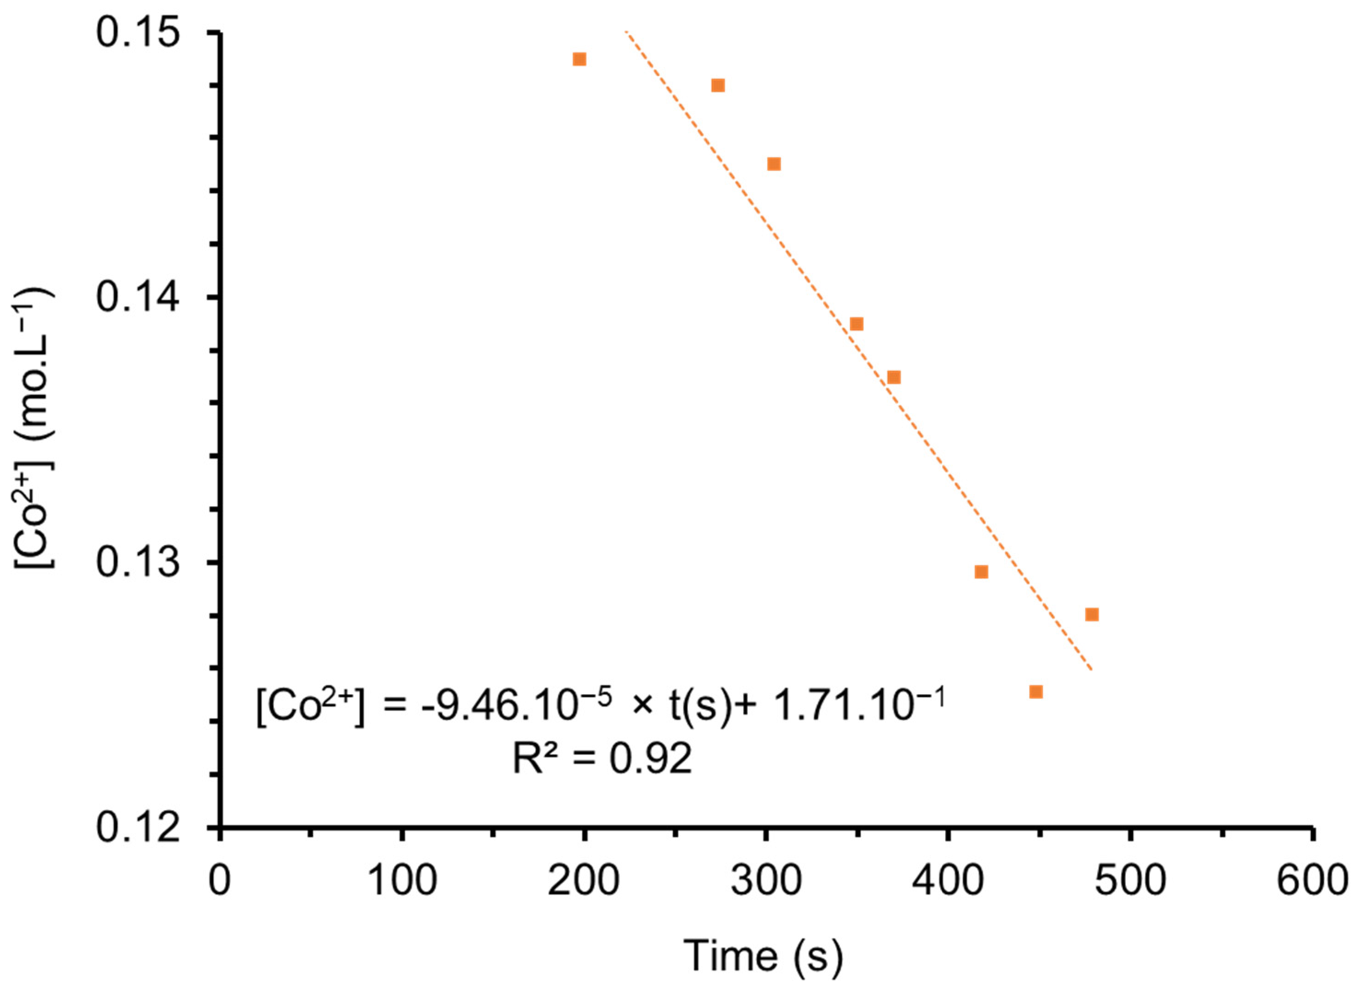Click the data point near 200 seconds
pyautogui.click(x=579, y=59)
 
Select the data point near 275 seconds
pyautogui.click(x=717, y=85)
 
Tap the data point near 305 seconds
pyautogui.click(x=774, y=164)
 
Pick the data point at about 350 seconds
pyautogui.click(x=857, y=324)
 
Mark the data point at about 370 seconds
pyautogui.click(x=894, y=377)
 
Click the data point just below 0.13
pyautogui.click(x=981, y=572)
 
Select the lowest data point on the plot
pyautogui.click(x=1036, y=692)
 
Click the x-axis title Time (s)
pyautogui.click(x=762, y=955)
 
